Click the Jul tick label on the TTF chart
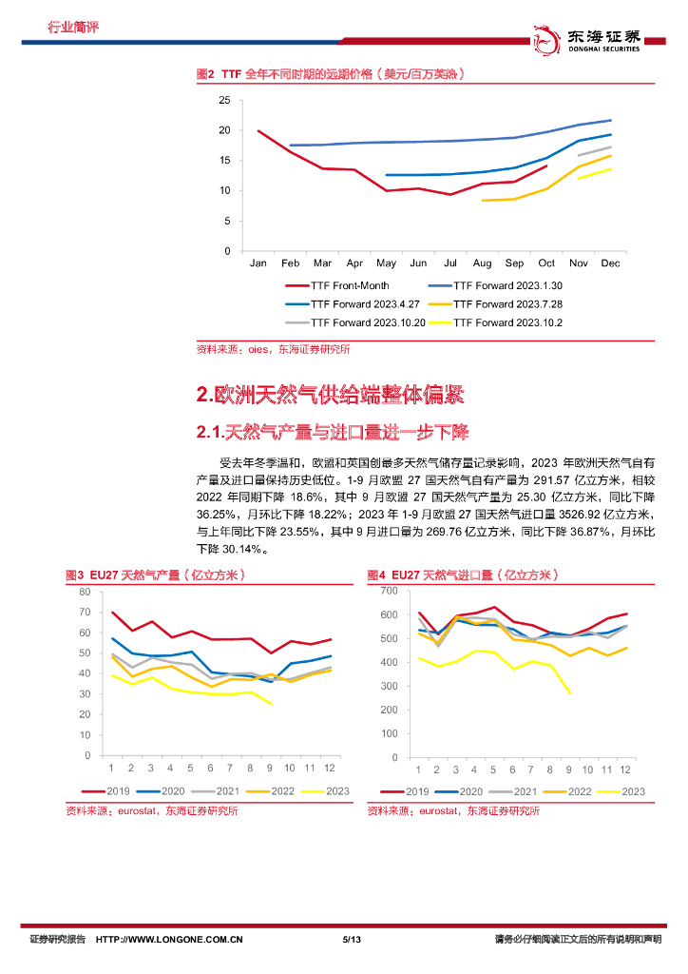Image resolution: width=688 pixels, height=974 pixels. click(x=450, y=263)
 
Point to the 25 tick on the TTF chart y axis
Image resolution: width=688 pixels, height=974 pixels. click(x=224, y=100)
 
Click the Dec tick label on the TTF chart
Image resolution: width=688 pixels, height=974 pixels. click(x=611, y=263)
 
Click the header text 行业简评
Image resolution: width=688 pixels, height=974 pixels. click(x=73, y=27)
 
